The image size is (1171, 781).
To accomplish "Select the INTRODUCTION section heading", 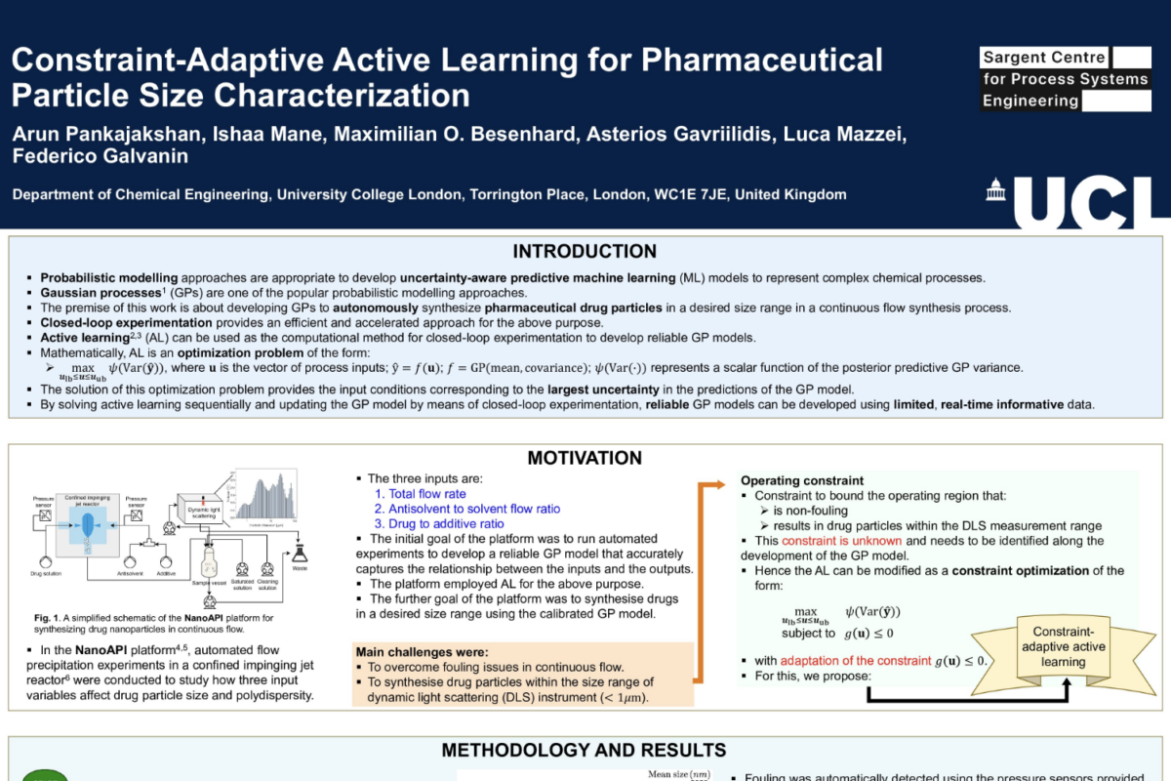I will (585, 252).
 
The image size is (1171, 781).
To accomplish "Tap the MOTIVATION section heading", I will (585, 458).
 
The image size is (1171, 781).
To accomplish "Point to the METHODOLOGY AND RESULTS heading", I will (584, 750).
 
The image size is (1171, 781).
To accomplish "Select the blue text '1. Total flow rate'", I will (421, 494).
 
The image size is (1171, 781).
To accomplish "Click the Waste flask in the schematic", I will (300, 560).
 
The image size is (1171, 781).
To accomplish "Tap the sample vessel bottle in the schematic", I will (207, 563).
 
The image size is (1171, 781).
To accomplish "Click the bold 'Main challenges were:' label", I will (422, 652).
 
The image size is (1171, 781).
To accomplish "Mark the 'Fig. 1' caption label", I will (46, 617).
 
